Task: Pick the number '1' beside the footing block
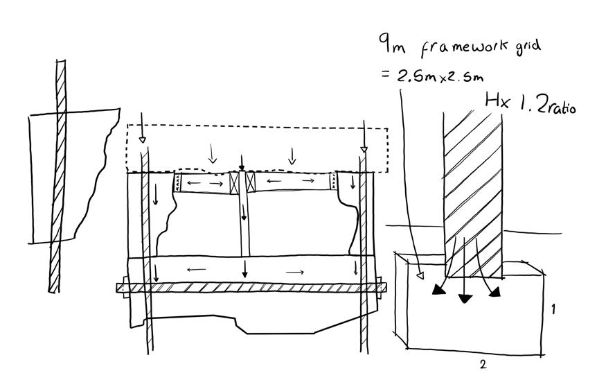[553, 309]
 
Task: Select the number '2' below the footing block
[483, 363]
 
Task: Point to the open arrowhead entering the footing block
[419, 277]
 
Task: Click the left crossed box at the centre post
[235, 183]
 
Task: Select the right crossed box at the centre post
[251, 183]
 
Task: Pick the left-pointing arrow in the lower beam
[196, 270]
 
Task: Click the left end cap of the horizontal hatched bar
[120, 288]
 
